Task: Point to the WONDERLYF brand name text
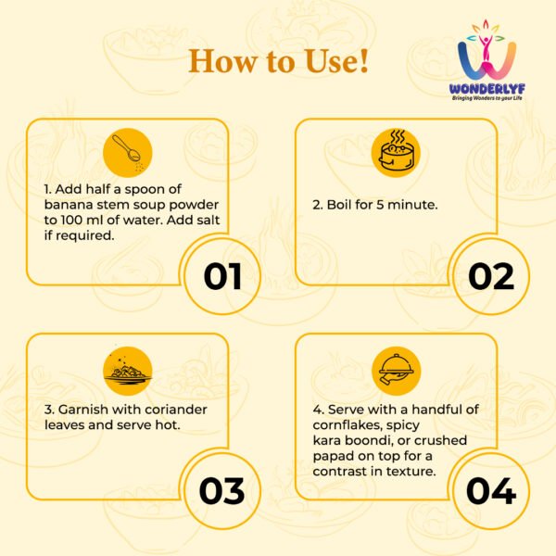point(486,89)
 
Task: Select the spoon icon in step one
point(128,153)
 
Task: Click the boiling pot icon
point(396,153)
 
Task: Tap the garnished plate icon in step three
point(128,371)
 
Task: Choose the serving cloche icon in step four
point(396,371)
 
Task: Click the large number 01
point(222,276)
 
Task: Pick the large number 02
point(491,276)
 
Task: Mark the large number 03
point(222,491)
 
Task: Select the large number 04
point(491,491)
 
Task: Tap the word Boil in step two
point(338,205)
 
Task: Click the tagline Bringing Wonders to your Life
point(486,98)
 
